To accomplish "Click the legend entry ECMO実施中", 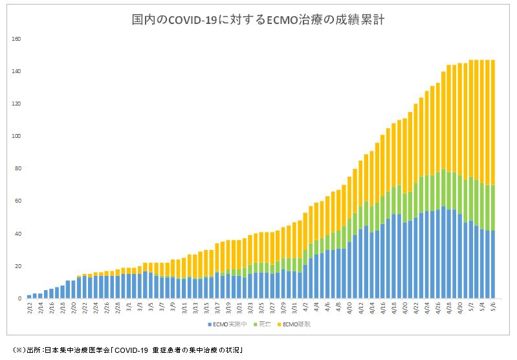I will pyautogui.click(x=226, y=323).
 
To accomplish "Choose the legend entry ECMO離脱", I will pyautogui.click(x=295, y=323).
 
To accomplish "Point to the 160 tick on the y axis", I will pyautogui.click(x=17, y=39).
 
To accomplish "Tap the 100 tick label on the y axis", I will pyautogui.click(x=17, y=136).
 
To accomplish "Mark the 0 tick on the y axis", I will pyautogui.click(x=20, y=298).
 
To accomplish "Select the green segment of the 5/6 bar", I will pyautogui.click(x=492, y=207).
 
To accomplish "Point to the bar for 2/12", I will pyautogui.click(x=30, y=297).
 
